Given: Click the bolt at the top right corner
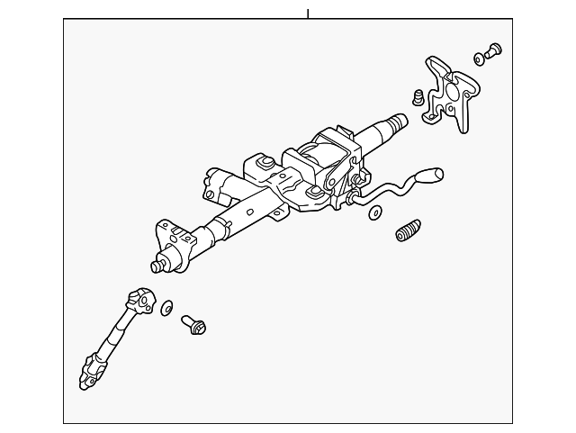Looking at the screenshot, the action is [x=493, y=50].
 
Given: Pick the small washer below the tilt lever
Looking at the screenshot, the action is [x=374, y=212].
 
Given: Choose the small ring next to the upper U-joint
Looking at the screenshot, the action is [x=166, y=310].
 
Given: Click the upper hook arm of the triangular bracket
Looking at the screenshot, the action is [x=435, y=65].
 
